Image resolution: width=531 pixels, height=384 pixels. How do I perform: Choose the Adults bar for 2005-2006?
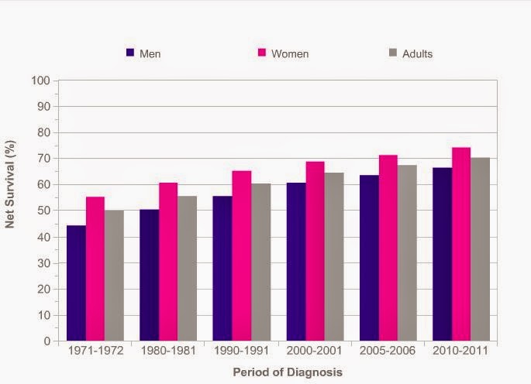(406, 252)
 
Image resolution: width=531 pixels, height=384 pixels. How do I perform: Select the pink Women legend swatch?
(262, 53)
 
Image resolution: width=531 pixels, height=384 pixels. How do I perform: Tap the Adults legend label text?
(417, 53)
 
